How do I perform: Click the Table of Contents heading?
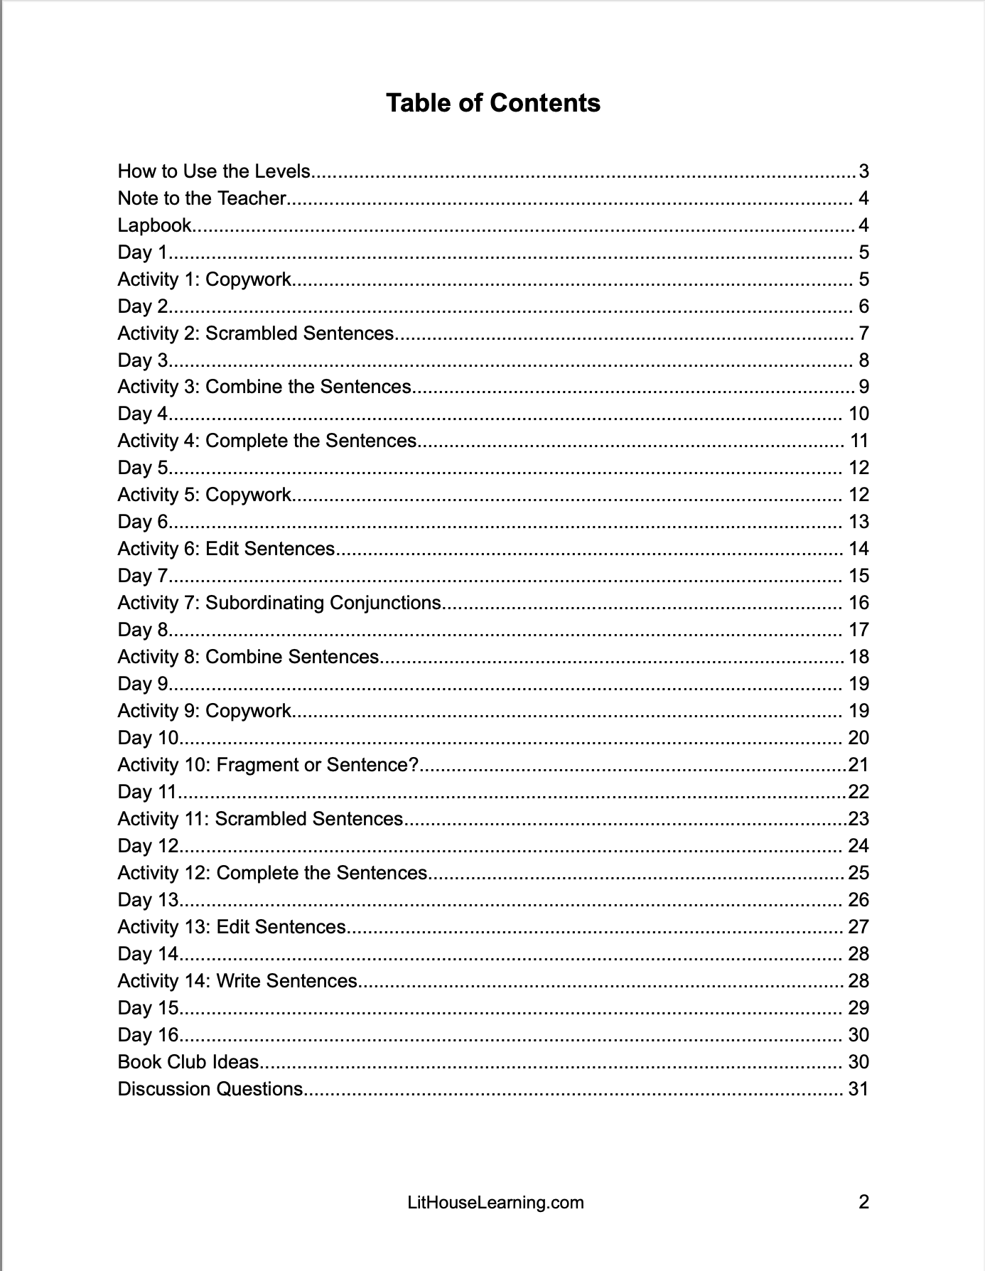pyautogui.click(x=493, y=103)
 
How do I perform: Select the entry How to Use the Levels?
pyautogui.click(x=214, y=171)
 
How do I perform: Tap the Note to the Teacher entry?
pyautogui.click(x=202, y=198)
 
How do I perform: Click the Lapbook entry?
pyautogui.click(x=154, y=225)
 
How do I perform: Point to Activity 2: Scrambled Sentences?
pyautogui.click(x=255, y=333)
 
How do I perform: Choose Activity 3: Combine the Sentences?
pyautogui.click(x=264, y=387)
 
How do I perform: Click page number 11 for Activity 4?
pyautogui.click(x=859, y=441)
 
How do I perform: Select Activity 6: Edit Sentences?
pyautogui.click(x=226, y=549)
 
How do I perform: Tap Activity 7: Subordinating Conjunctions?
pyautogui.click(x=279, y=603)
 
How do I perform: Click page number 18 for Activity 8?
pyautogui.click(x=859, y=657)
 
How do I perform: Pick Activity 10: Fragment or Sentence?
pyautogui.click(x=268, y=765)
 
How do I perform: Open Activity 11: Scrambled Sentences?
pyautogui.click(x=260, y=819)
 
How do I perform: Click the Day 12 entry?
pyautogui.click(x=148, y=846)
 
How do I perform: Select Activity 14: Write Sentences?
pyautogui.click(x=237, y=981)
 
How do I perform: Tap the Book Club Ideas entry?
pyautogui.click(x=188, y=1062)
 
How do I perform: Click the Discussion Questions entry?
pyautogui.click(x=210, y=1089)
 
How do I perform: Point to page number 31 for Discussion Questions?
pyautogui.click(x=858, y=1089)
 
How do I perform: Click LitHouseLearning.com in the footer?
pyautogui.click(x=495, y=1203)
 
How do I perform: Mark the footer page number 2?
pyautogui.click(x=863, y=1202)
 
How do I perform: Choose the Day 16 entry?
pyautogui.click(x=148, y=1035)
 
